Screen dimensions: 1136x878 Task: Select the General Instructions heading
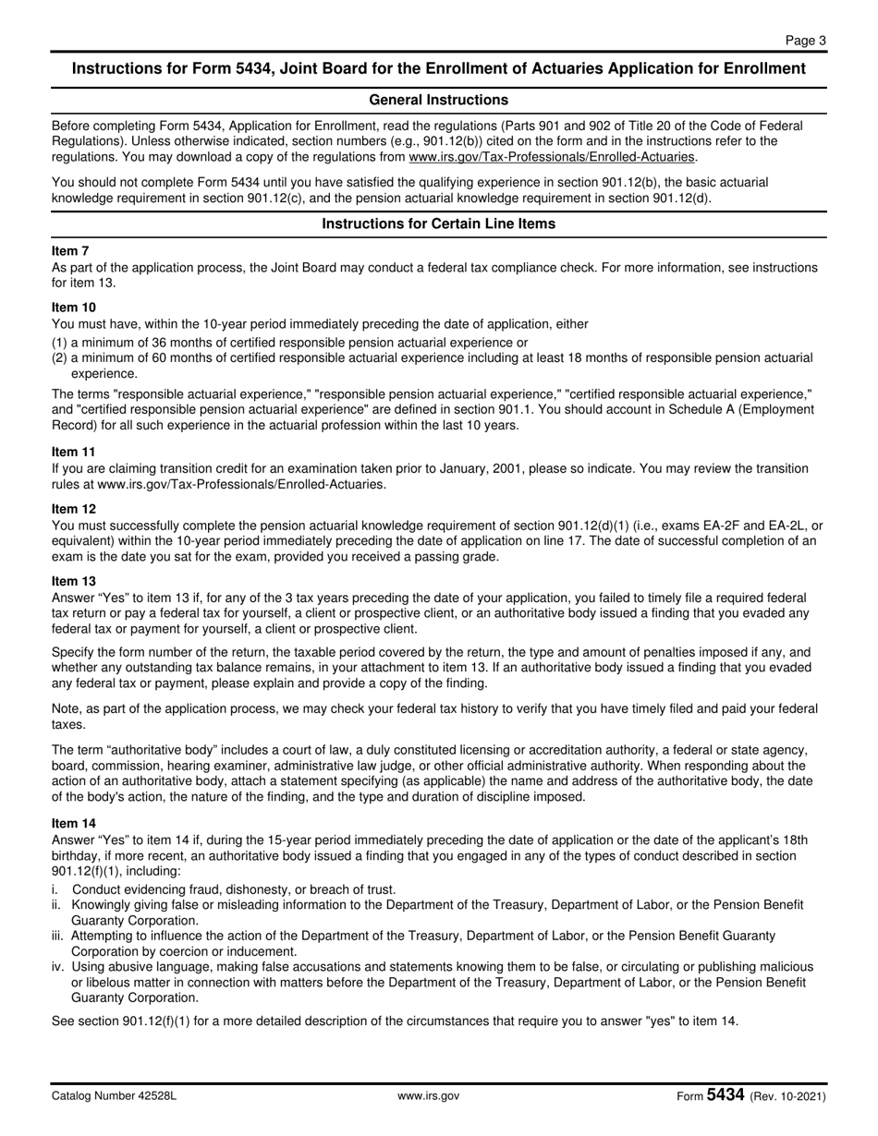pos(438,100)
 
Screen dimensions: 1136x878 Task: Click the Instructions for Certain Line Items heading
pos(438,224)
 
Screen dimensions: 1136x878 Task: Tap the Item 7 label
pos(70,250)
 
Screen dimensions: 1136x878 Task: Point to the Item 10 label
pos(73,307)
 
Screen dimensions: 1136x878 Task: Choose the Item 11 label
pos(73,453)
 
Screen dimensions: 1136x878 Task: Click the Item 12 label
pos(73,509)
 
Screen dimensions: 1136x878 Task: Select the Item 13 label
pos(73,581)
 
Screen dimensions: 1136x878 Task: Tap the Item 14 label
pos(73,823)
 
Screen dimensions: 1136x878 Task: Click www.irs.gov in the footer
pos(428,1096)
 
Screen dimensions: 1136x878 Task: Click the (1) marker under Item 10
pos(59,341)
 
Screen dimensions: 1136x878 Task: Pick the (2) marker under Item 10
pos(59,357)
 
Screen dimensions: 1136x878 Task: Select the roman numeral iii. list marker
pos(58,936)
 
